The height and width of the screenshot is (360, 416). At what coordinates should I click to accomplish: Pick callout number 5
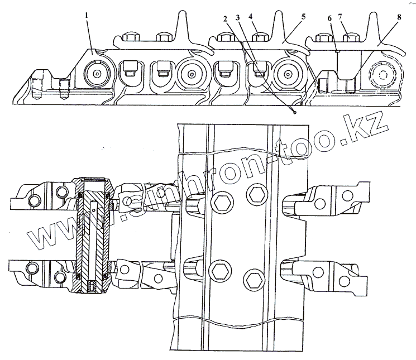303,16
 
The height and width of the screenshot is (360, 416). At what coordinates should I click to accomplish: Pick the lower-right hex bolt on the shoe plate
252,279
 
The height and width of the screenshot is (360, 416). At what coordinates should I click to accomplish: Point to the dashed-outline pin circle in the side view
385,74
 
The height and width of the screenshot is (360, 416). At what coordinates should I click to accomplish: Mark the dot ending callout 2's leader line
294,112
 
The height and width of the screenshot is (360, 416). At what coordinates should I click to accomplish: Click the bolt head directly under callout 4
259,38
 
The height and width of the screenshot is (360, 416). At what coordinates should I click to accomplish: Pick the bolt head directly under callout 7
352,38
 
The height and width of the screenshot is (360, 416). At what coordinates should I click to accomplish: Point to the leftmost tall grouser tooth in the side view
183,25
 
